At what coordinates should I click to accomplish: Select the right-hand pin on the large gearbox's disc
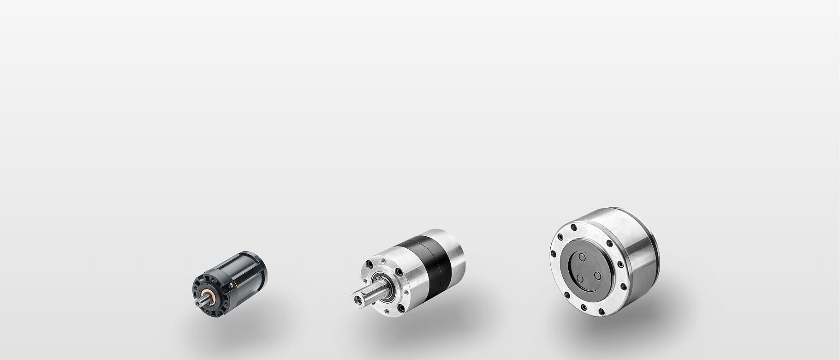pos(597,275)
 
